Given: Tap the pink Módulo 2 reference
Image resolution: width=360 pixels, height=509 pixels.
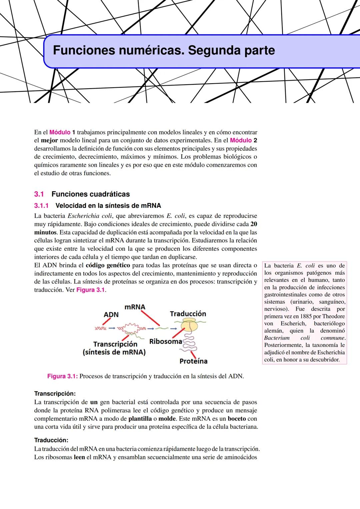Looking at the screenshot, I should pos(243,140).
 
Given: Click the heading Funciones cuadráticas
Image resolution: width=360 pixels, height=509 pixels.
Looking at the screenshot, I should pos(91,194).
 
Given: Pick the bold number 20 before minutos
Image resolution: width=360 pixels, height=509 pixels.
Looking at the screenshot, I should pos(253,224).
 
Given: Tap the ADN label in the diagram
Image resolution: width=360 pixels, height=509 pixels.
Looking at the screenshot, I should pos(111,315).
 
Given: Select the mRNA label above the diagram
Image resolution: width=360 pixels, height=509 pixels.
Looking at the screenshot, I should pos(135,307).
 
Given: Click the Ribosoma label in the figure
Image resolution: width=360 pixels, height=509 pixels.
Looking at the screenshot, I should pos(166,341).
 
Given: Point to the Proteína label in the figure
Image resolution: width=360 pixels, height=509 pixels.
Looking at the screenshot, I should pos(193,361).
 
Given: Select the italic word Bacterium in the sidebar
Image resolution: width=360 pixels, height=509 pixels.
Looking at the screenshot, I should pos(277,338).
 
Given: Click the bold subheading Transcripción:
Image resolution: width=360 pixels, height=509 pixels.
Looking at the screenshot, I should pos(55,394).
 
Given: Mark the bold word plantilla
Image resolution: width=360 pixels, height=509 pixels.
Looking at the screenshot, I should pos(140,419).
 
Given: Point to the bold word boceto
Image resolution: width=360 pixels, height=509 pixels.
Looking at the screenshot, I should pos(237,419).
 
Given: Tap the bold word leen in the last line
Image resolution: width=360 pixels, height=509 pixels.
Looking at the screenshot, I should pos(79,457).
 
